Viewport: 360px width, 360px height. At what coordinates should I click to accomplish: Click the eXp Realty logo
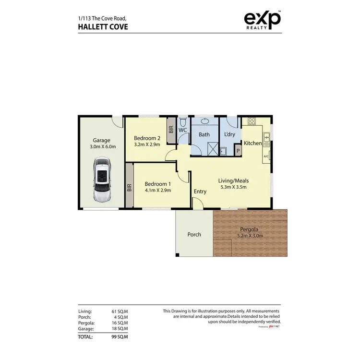263,20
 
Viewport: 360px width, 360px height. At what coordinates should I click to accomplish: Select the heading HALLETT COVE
103,27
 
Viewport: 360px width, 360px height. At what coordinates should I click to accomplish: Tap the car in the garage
102,180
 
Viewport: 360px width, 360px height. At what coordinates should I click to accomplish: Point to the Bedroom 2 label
146,137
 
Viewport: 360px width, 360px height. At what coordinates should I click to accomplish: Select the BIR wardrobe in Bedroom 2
170,130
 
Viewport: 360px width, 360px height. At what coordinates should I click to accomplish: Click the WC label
183,130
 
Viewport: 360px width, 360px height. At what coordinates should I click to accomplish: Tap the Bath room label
204,134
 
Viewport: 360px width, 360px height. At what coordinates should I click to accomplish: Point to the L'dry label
230,134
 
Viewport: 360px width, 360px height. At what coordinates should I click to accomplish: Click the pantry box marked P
237,151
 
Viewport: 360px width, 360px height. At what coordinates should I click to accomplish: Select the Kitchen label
252,143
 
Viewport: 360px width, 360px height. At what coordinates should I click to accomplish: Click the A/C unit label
265,156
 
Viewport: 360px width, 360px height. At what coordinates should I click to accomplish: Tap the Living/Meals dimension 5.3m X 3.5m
233,187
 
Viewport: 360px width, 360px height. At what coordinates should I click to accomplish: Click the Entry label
200,192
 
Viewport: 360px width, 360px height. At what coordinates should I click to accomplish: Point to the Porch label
194,234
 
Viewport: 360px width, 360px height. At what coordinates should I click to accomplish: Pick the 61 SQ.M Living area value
120,312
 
